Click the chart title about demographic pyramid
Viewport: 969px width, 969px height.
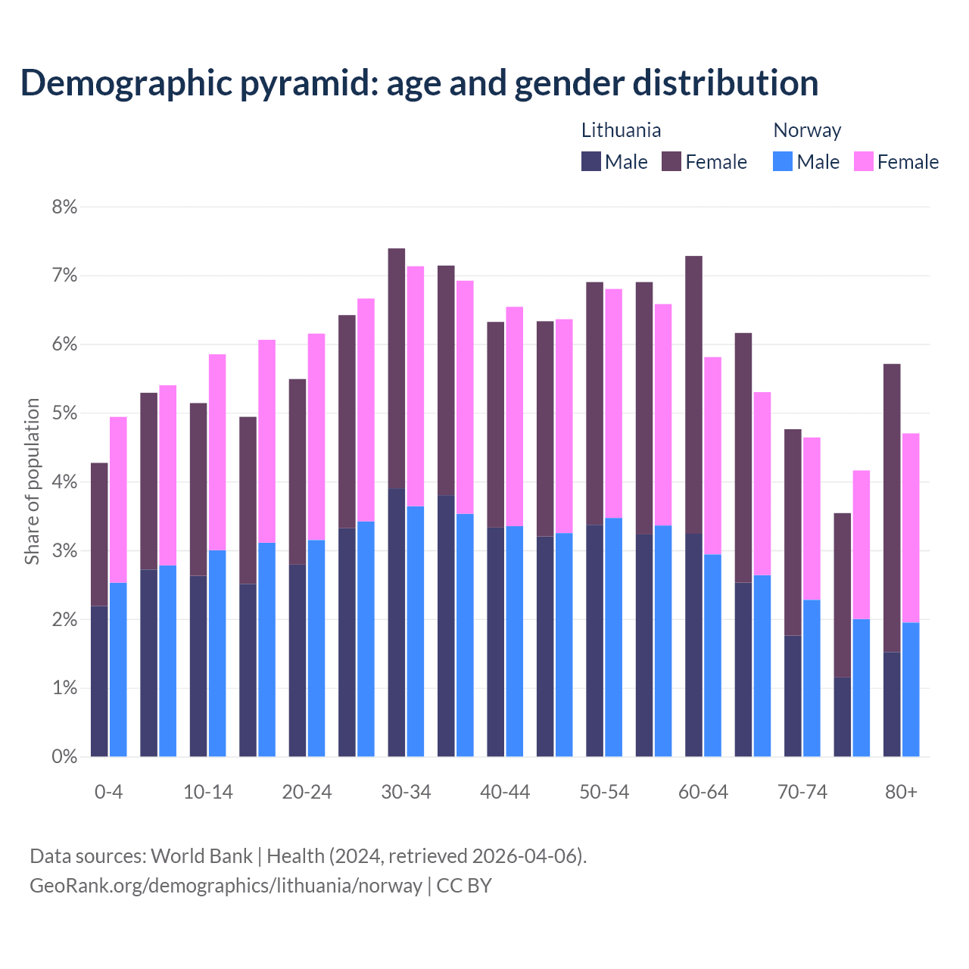[x=419, y=83]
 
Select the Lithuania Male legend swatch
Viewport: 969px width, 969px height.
[x=591, y=161]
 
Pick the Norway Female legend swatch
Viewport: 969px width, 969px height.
[x=863, y=161]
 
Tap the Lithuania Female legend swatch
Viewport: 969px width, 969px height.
[x=671, y=161]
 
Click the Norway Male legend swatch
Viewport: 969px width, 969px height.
[x=783, y=161]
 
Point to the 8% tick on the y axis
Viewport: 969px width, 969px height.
[x=64, y=207]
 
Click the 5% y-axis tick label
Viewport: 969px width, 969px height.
[x=64, y=413]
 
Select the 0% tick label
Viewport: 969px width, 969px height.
[x=64, y=757]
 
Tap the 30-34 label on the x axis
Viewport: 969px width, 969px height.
[x=406, y=793]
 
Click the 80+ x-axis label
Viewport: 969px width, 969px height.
[x=901, y=793]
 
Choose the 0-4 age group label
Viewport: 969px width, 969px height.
[x=108, y=793]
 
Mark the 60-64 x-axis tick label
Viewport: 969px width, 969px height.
[x=703, y=793]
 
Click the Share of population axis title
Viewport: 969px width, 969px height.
[x=32, y=481]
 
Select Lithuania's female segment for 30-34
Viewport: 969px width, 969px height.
[x=397, y=369]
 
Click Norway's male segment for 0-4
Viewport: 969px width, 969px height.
[x=118, y=669]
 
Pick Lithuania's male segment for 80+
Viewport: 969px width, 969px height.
[x=892, y=704]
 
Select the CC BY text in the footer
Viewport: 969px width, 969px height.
[x=464, y=886]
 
